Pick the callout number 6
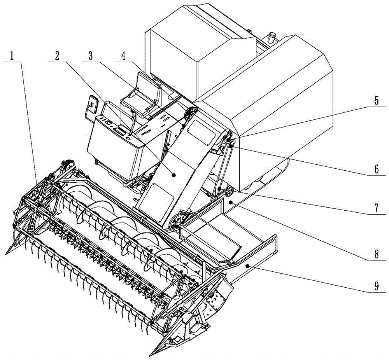376,169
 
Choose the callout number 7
376,208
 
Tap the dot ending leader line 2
174,176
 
